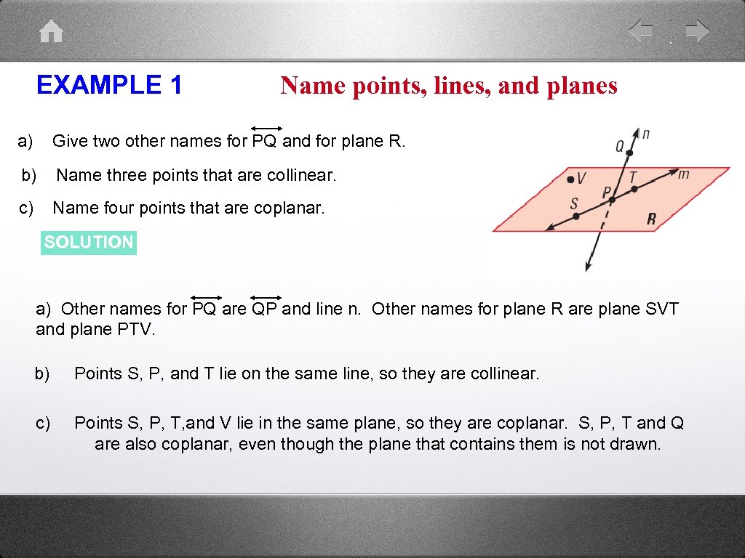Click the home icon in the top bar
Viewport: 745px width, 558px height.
coord(52,31)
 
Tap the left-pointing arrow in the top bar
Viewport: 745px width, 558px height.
coord(641,31)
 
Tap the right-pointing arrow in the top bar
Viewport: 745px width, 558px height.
coord(697,31)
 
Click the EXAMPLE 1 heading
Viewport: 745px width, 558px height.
coord(109,85)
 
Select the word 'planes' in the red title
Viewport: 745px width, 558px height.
coord(581,86)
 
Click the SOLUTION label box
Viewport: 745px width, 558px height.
coord(89,242)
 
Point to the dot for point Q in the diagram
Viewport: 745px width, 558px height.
coord(630,153)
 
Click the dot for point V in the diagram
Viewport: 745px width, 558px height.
coord(572,179)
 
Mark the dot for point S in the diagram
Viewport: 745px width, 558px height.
coord(576,216)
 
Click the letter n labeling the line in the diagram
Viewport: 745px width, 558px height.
coord(646,134)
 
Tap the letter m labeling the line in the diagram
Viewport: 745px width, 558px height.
coord(683,174)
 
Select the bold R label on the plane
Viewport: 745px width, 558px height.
coord(651,219)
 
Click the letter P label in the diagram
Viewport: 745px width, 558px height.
coord(606,193)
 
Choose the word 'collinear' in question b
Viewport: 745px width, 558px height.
coord(303,175)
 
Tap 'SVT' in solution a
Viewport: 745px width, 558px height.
coord(661,309)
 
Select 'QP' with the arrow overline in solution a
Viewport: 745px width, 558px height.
coord(265,309)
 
